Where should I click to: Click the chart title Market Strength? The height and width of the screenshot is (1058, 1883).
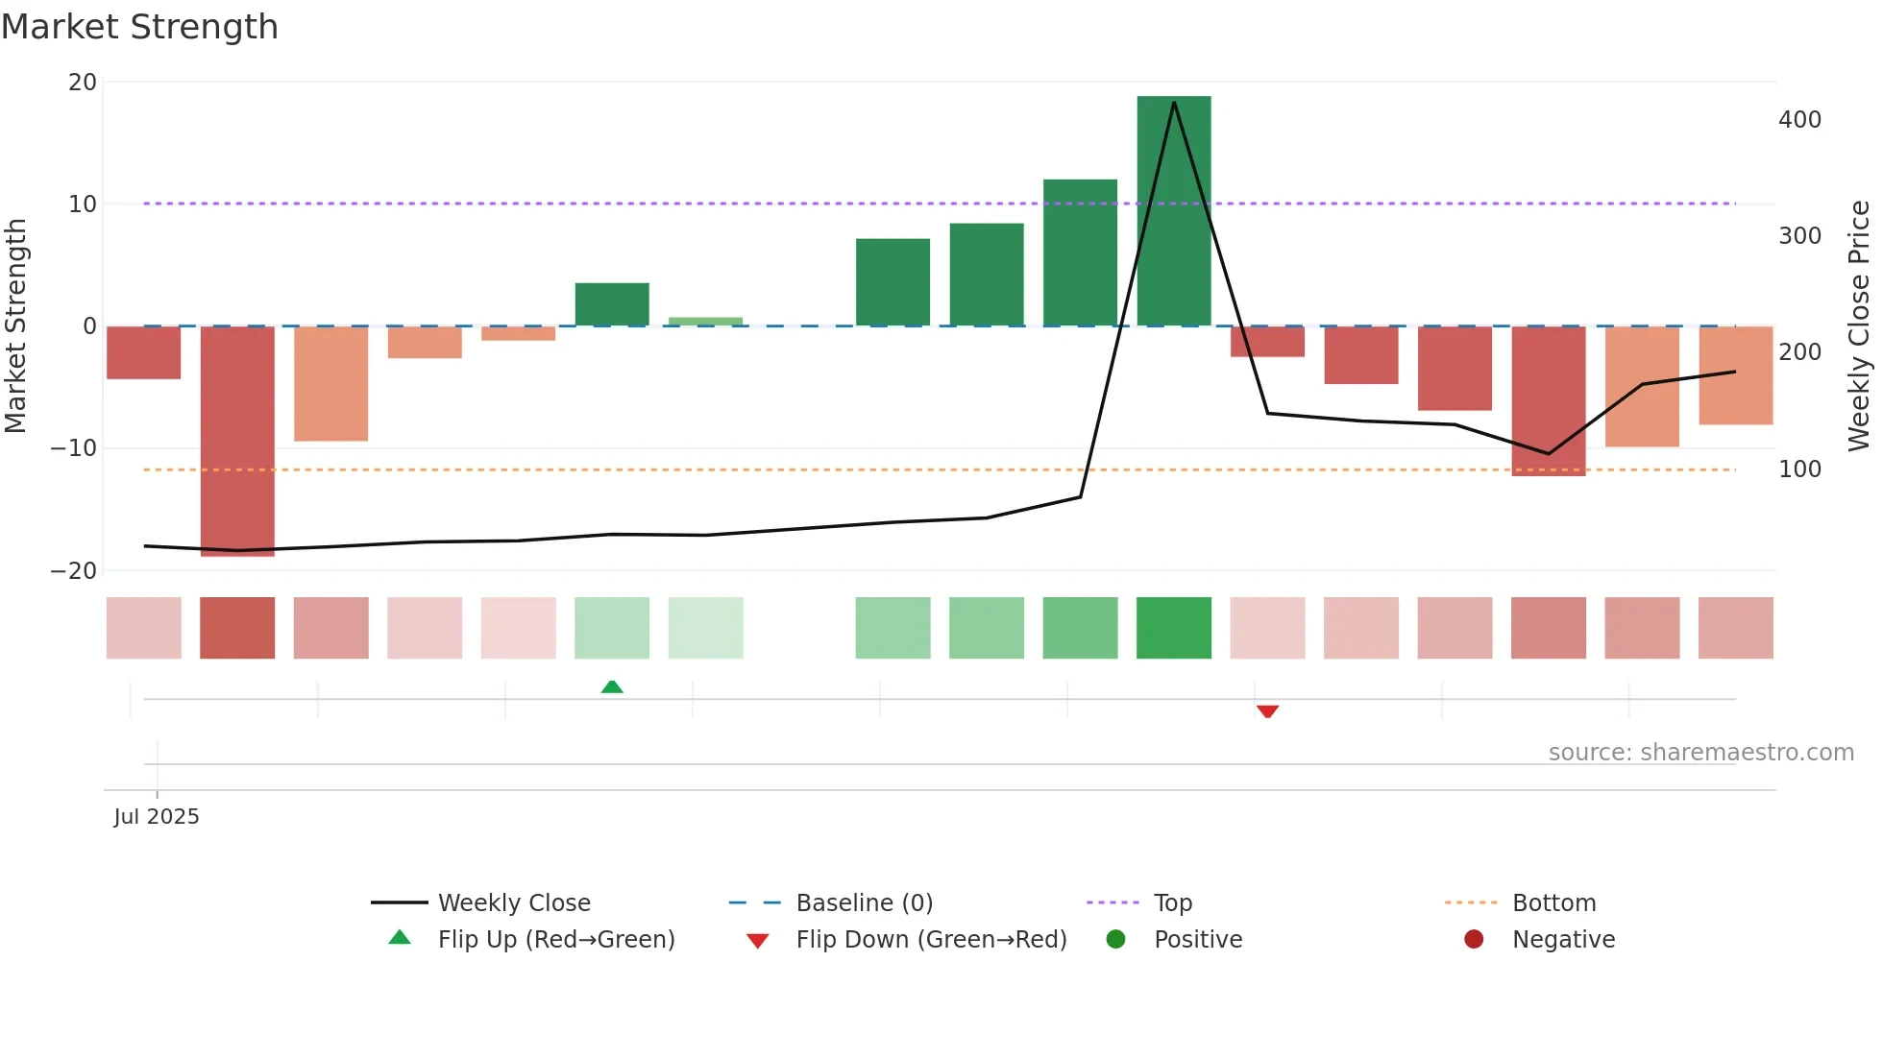pos(139,27)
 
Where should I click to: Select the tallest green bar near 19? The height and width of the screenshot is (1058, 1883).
pos(1173,211)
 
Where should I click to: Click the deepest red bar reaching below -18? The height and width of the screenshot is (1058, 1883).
pos(237,442)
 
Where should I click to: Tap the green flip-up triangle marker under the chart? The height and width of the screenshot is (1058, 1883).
pos(612,686)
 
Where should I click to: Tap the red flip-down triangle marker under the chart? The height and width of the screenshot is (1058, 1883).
pos(1267,711)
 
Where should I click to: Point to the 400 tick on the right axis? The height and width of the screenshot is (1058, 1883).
pos(1799,120)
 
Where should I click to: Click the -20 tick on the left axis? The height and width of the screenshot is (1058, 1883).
pos(74,571)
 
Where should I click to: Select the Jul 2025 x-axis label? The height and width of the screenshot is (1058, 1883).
pos(157,817)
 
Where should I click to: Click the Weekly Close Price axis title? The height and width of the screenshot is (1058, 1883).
pos(1859,326)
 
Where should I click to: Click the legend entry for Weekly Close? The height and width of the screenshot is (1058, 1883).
pos(513,903)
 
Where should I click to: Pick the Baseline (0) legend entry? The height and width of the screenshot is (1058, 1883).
pos(864,903)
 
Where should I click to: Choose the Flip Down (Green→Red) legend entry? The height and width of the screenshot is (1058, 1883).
pos(930,940)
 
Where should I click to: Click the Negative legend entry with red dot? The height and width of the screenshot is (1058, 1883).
pos(1562,940)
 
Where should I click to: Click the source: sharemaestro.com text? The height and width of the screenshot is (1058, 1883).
pos(1700,753)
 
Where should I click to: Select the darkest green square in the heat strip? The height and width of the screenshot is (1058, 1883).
pos(1173,628)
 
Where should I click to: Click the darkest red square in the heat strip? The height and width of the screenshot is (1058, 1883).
pos(237,628)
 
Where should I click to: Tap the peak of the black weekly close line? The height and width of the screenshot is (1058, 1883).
pos(1174,103)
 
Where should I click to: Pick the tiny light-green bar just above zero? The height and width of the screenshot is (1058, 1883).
pos(705,321)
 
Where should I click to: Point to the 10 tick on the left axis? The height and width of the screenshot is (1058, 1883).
pos(83,204)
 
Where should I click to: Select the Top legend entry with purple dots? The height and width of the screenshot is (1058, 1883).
pos(1172,903)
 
